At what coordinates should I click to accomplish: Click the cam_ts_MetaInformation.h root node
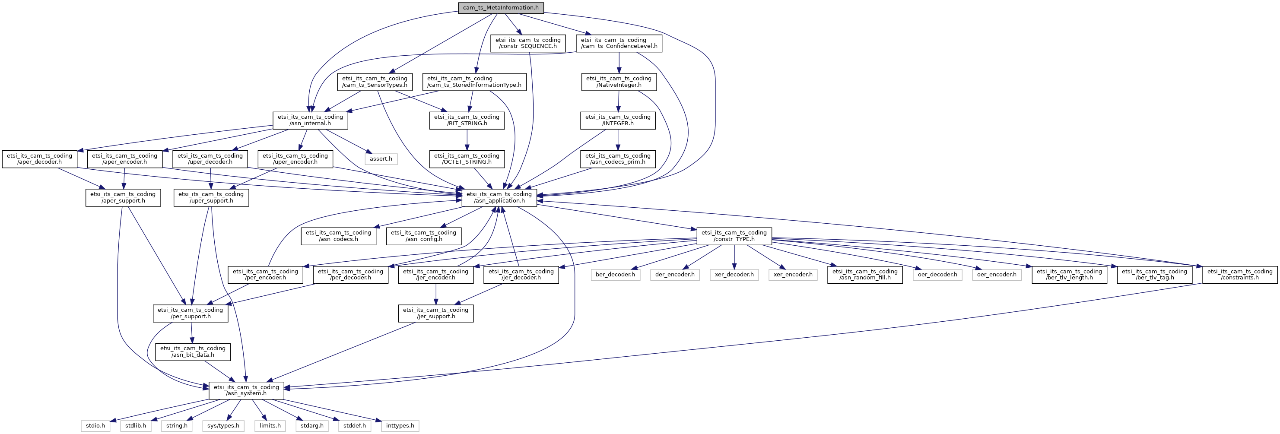[x=501, y=8]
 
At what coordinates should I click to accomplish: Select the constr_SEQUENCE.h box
[x=528, y=43]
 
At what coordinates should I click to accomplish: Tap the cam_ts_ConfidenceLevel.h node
[x=619, y=43]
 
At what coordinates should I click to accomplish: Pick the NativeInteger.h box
[x=619, y=82]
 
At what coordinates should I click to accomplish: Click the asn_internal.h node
[x=310, y=120]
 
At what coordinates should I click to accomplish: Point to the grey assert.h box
[x=381, y=159]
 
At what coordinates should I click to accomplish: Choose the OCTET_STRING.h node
[x=467, y=159]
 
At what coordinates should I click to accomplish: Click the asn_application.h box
[x=499, y=198]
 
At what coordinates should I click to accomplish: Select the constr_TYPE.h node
[x=734, y=236]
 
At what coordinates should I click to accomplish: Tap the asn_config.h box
[x=423, y=236]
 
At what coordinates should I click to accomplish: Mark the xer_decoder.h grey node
[x=734, y=275]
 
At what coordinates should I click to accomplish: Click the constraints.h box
[x=1240, y=275]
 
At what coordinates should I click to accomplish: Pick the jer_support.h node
[x=436, y=314]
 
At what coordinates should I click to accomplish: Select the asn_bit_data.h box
[x=193, y=352]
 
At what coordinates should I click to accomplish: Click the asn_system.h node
[x=247, y=390]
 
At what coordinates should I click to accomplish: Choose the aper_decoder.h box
[x=39, y=159]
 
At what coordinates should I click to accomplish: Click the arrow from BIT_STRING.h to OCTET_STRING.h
[x=467, y=140]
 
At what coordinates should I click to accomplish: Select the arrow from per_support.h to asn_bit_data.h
[x=191, y=333]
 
